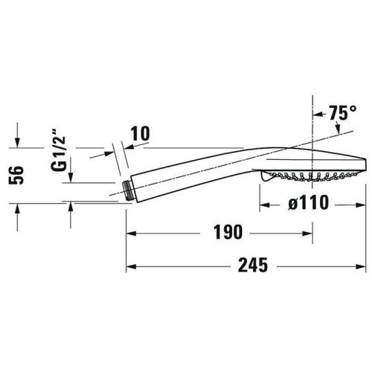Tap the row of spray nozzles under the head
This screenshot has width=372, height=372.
coord(305,177)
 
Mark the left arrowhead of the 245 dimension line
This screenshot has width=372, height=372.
coord(129,264)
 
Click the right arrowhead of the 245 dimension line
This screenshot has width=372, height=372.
coord(359,264)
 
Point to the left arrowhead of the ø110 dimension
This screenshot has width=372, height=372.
coord(263,202)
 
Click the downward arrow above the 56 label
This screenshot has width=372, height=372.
coord(17,141)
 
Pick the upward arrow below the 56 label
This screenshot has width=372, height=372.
coord(17,208)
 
